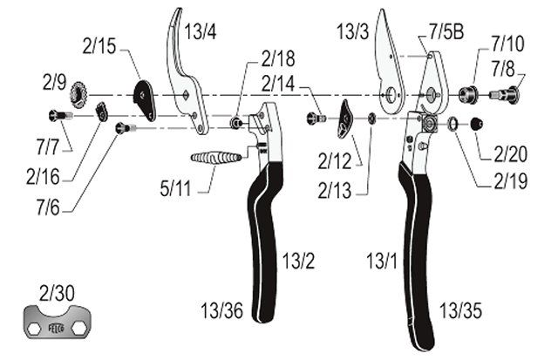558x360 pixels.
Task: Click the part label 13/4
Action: click(x=201, y=31)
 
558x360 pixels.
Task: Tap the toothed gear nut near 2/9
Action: click(x=79, y=95)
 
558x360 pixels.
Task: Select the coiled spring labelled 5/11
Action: click(x=216, y=158)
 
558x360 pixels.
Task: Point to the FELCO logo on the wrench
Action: click(x=56, y=328)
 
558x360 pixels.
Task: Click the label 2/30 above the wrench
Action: click(x=57, y=293)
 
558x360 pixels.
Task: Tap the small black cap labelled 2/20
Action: click(x=477, y=124)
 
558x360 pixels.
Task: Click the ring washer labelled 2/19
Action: click(x=453, y=123)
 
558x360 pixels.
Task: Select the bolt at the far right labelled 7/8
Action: click(x=505, y=94)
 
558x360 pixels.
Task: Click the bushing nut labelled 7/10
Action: click(x=467, y=94)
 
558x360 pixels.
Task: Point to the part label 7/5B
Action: click(x=446, y=31)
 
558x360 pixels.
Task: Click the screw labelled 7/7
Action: click(x=60, y=115)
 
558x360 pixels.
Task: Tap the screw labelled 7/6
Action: click(x=126, y=127)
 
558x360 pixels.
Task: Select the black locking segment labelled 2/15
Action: click(x=145, y=100)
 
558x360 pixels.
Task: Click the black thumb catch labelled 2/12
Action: click(x=345, y=118)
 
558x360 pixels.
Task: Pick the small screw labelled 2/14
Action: click(x=316, y=117)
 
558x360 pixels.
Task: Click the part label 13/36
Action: click(x=222, y=310)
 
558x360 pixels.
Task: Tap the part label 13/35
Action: click(x=461, y=310)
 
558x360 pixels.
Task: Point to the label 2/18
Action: click(x=278, y=58)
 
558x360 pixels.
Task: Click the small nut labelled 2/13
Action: click(x=372, y=118)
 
